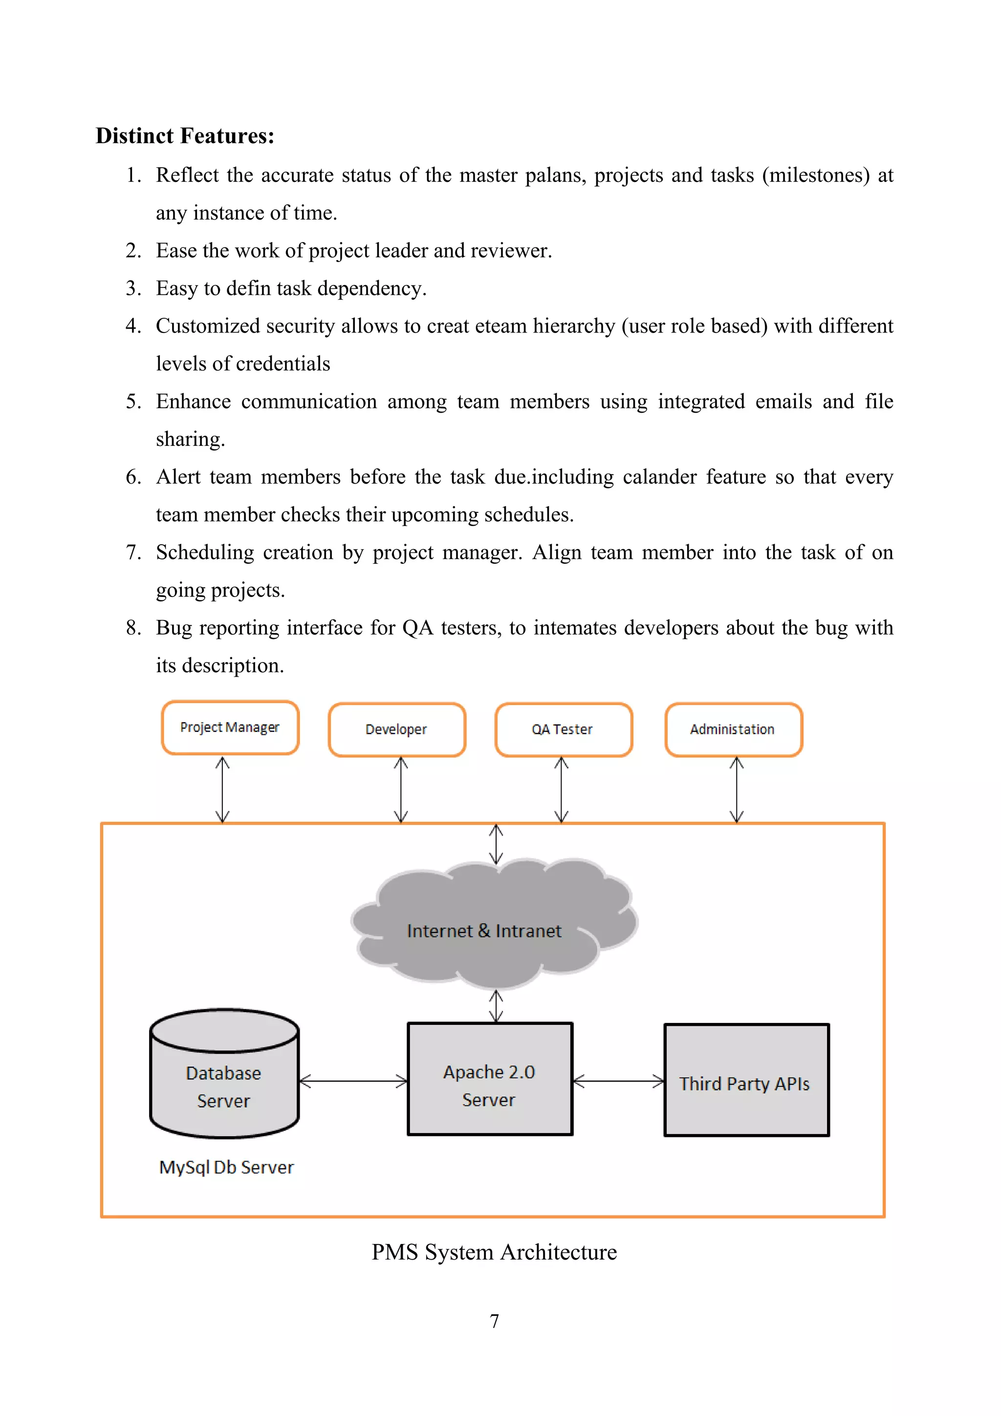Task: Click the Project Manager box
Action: (x=230, y=728)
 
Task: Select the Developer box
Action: (x=396, y=730)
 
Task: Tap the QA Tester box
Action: (x=563, y=730)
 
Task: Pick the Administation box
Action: (x=733, y=730)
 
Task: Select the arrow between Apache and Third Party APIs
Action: (x=618, y=1081)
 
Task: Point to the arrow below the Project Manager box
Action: (x=222, y=790)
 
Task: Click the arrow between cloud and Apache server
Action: (x=496, y=1006)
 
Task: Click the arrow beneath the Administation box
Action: (x=737, y=790)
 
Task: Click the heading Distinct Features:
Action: (x=185, y=135)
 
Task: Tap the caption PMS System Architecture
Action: (x=494, y=1252)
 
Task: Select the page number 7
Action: (x=494, y=1321)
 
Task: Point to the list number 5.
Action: (x=132, y=401)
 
